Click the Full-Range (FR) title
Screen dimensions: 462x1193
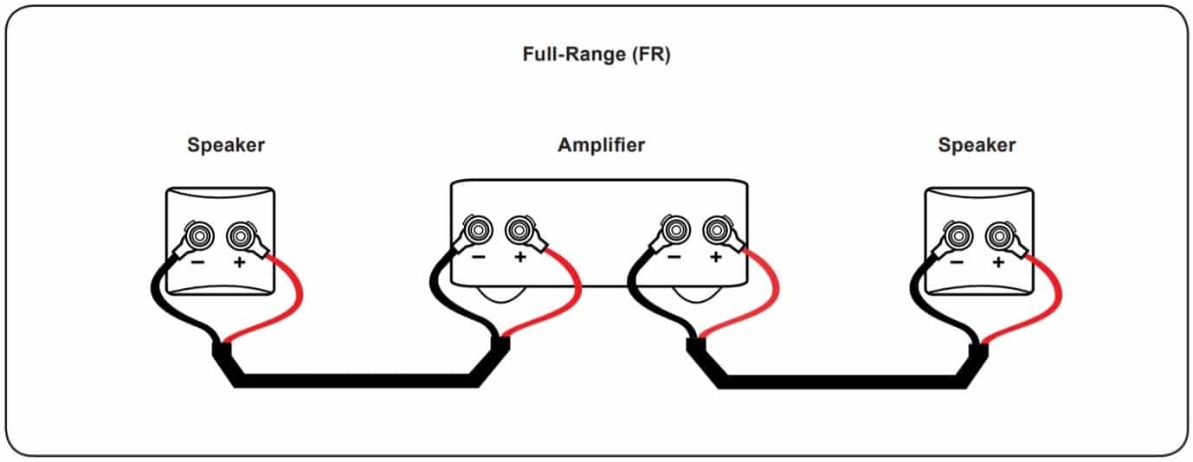point(596,55)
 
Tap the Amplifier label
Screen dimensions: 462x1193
point(601,144)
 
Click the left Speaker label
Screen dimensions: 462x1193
point(226,144)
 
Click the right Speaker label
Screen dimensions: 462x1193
point(977,144)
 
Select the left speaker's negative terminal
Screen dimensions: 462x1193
point(199,234)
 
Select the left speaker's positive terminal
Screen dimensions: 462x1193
point(240,234)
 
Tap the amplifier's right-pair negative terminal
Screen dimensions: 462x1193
point(674,230)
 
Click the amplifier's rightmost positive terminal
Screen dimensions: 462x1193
point(715,230)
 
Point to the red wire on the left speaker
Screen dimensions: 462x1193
point(294,303)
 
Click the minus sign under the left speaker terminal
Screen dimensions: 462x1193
point(198,262)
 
